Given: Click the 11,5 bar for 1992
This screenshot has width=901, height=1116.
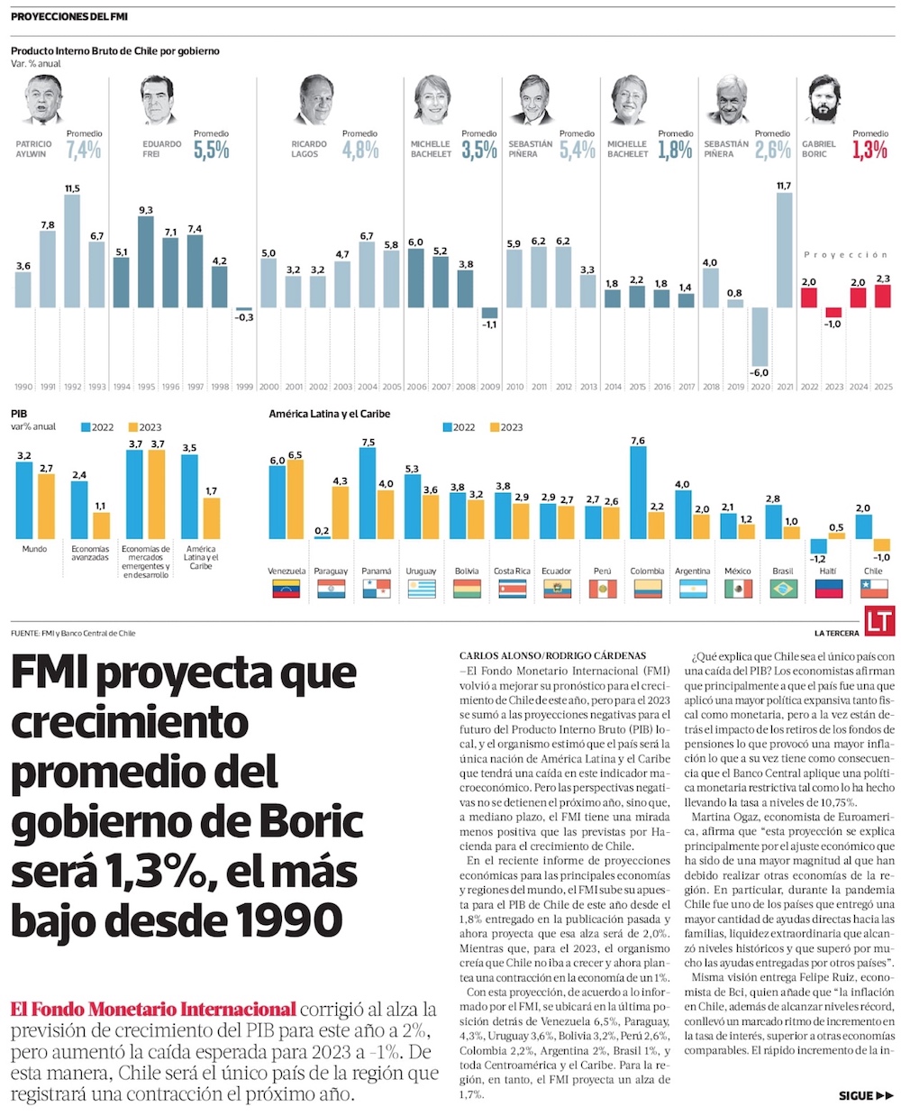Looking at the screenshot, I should [x=72, y=252].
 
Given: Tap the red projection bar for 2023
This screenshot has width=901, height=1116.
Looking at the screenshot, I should [x=833, y=312].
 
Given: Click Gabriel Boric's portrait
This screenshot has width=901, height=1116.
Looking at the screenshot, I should [x=821, y=99].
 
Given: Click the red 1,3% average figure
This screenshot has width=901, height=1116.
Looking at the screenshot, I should [x=869, y=150].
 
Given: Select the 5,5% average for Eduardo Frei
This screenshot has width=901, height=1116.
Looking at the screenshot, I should [x=211, y=150].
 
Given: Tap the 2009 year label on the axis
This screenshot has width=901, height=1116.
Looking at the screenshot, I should [x=490, y=387].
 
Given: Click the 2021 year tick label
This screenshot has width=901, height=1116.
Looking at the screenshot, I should [x=784, y=387].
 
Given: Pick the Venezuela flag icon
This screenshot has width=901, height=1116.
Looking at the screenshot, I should [x=287, y=590].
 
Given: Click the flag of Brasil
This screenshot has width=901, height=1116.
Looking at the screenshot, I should [x=783, y=590].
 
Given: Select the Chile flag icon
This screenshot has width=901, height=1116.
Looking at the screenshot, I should [x=873, y=590].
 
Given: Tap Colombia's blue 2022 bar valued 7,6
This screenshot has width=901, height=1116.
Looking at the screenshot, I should [x=638, y=493].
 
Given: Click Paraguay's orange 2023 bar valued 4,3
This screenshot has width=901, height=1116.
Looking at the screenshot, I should [x=340, y=514].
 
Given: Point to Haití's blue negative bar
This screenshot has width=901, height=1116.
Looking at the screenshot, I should [x=818, y=546].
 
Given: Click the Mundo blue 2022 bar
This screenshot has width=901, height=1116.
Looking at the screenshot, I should [x=25, y=501].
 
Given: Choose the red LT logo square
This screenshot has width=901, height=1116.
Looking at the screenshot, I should [x=878, y=621].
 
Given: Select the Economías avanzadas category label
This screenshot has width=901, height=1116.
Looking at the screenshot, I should [x=90, y=553].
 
